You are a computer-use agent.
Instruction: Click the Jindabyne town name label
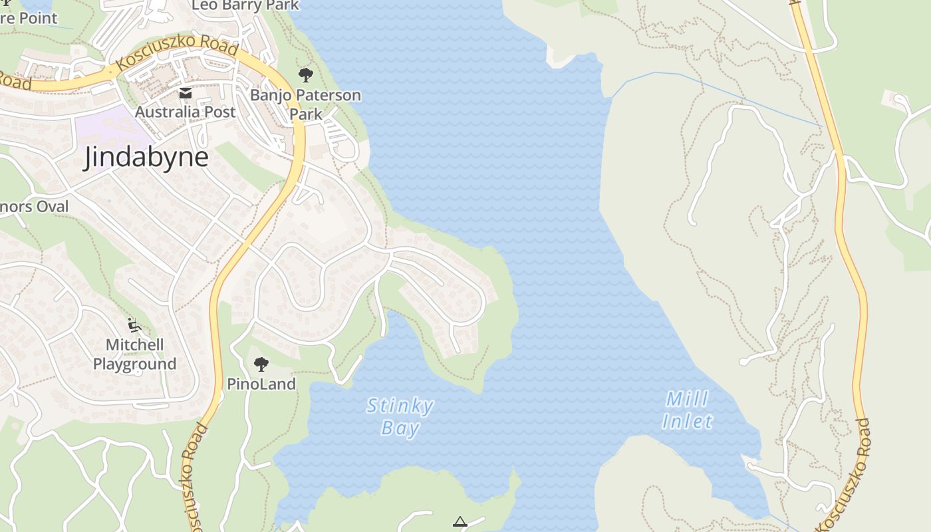(x=146, y=158)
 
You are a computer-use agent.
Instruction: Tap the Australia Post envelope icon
(x=186, y=94)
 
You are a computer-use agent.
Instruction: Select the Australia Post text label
(x=186, y=112)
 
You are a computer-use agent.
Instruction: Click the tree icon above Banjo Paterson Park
(x=305, y=74)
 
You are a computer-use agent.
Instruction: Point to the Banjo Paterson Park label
(x=305, y=104)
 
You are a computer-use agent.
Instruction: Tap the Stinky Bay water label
(x=400, y=417)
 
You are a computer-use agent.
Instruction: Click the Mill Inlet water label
(x=688, y=410)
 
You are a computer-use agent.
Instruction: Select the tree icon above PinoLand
(x=261, y=364)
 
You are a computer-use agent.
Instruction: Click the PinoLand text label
(x=261, y=384)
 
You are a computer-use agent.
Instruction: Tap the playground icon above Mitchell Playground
(x=134, y=325)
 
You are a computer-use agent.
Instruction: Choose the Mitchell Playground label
(x=134, y=354)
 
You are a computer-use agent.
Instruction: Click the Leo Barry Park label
(x=246, y=6)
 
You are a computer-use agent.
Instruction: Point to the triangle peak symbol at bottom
(x=460, y=522)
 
